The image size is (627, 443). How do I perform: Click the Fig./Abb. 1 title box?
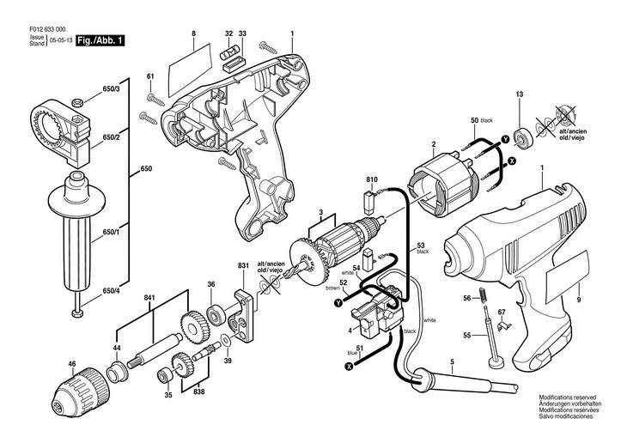click(100, 41)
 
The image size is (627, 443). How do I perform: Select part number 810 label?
click(372, 180)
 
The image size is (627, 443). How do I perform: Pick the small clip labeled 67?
click(503, 326)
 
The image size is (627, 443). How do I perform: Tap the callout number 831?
click(244, 265)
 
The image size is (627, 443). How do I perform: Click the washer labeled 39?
click(226, 341)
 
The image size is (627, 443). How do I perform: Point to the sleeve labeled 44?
click(118, 370)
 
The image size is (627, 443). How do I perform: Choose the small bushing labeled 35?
click(164, 376)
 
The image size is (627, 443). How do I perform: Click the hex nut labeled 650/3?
click(77, 103)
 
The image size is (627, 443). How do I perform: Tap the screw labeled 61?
click(156, 99)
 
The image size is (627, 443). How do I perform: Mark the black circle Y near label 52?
click(339, 303)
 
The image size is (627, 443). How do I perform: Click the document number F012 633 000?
click(47, 29)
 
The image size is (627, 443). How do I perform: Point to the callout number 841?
click(150, 297)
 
